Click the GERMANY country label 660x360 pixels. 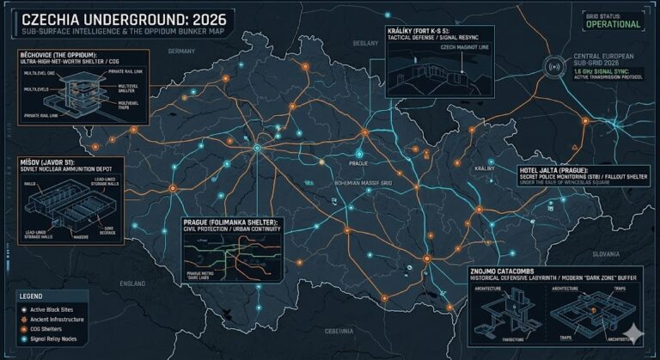[x=182, y=52]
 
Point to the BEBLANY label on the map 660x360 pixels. [x=365, y=42]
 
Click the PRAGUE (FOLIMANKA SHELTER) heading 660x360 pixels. [x=232, y=223]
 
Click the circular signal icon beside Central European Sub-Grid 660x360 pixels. [x=554, y=70]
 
